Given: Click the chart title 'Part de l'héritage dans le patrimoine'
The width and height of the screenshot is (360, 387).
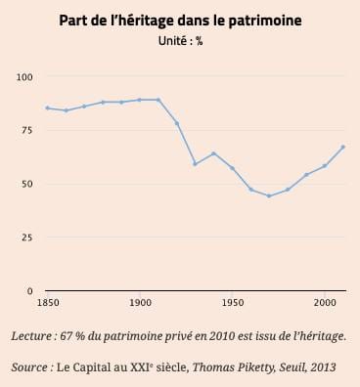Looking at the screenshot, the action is pyautogui.click(x=180, y=21).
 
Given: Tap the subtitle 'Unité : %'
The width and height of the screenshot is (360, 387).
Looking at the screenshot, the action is pyautogui.click(x=180, y=41).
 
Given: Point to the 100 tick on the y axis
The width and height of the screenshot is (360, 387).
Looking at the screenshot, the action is pyautogui.click(x=24, y=77).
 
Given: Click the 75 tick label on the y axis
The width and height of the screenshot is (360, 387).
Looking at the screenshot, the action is pyautogui.click(x=27, y=130).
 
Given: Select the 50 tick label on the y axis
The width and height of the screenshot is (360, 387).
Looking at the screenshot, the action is pyautogui.click(x=27, y=184).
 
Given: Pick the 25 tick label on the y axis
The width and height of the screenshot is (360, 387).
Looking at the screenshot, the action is pyautogui.click(x=27, y=237).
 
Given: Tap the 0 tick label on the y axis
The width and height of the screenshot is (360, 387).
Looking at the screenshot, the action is pyautogui.click(x=30, y=291).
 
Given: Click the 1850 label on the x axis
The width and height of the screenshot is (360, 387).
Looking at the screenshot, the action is pyautogui.click(x=48, y=303).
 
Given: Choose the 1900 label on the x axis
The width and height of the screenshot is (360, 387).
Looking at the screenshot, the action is pyautogui.click(x=140, y=303).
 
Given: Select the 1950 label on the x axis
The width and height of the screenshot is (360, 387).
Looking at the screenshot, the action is pyautogui.click(x=232, y=303).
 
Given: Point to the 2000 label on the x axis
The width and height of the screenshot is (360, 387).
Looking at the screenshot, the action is pyautogui.click(x=325, y=303).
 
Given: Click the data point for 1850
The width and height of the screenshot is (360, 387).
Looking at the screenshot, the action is pyautogui.click(x=48, y=107).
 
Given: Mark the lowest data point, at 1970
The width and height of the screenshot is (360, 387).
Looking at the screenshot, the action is pyautogui.click(x=269, y=195).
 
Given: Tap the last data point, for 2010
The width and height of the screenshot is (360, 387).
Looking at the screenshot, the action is pyautogui.click(x=343, y=147).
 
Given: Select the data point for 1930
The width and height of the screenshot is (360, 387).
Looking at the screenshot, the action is pyautogui.click(x=195, y=164).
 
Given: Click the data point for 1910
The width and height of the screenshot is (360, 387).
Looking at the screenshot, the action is pyautogui.click(x=158, y=100).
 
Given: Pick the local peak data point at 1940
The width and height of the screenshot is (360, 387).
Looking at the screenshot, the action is pyautogui.click(x=213, y=153).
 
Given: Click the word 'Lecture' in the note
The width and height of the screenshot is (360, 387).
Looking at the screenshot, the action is pyautogui.click(x=31, y=336).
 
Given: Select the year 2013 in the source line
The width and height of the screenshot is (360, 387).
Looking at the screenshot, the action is pyautogui.click(x=323, y=367).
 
